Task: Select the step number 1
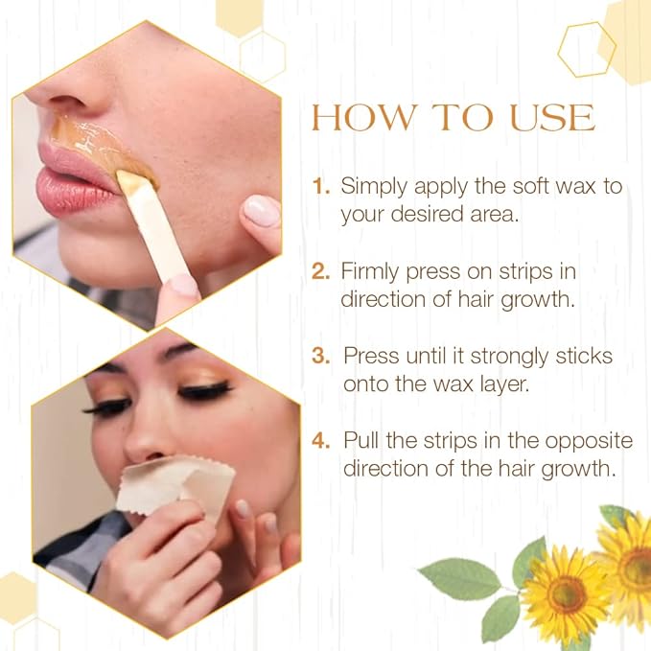320,186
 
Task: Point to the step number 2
320,270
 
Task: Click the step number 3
322,356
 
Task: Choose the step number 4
321,441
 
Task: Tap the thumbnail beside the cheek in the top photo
260,210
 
